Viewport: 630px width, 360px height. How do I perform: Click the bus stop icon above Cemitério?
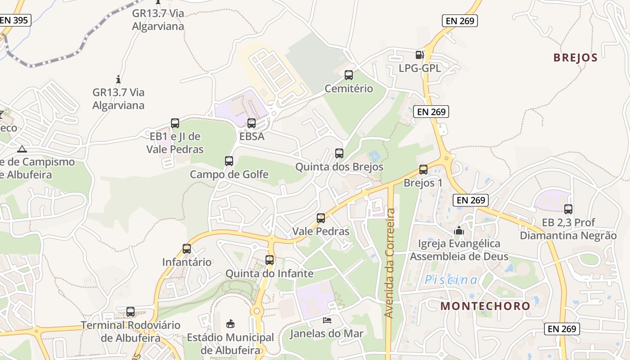click(348, 75)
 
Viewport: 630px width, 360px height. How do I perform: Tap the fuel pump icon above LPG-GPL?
click(419, 55)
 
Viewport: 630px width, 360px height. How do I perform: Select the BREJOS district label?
click(575, 58)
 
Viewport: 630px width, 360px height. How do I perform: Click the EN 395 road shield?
click(14, 20)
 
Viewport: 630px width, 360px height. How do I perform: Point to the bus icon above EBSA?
click(252, 123)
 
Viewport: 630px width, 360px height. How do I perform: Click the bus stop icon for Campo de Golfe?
click(229, 161)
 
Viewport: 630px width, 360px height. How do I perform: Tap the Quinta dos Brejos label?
click(339, 167)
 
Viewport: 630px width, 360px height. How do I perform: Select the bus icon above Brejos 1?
click(423, 170)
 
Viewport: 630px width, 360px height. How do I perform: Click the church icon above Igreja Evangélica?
click(459, 230)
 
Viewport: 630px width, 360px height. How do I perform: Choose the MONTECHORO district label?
click(485, 306)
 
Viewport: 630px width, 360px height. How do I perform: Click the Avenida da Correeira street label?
click(390, 263)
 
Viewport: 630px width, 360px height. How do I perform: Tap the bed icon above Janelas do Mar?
click(327, 320)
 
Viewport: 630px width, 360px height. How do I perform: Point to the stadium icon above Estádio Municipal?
click(230, 323)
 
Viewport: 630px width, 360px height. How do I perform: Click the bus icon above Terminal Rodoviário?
click(130, 311)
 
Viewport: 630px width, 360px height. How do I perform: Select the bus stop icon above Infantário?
click(186, 248)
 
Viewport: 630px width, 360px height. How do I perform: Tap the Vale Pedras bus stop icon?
click(320, 218)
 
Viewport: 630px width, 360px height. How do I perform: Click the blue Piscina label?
click(451, 280)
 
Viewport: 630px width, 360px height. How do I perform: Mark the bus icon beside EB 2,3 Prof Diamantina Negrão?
click(568, 209)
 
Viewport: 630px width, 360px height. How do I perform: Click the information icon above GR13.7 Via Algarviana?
click(118, 80)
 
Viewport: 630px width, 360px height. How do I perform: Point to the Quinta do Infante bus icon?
click(269, 260)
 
